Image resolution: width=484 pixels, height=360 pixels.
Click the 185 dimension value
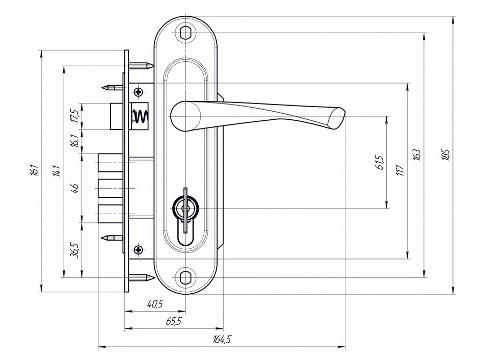(445, 155)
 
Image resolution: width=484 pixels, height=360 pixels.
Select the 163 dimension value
(417, 155)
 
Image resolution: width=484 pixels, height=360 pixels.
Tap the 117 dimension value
(400, 170)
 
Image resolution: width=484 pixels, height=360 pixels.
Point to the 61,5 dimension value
(380, 162)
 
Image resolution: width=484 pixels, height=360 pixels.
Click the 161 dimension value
(35, 170)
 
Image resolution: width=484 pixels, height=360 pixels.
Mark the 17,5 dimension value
(75, 116)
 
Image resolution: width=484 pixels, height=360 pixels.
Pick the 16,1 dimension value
(75, 141)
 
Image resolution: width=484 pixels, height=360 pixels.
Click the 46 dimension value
(75, 188)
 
